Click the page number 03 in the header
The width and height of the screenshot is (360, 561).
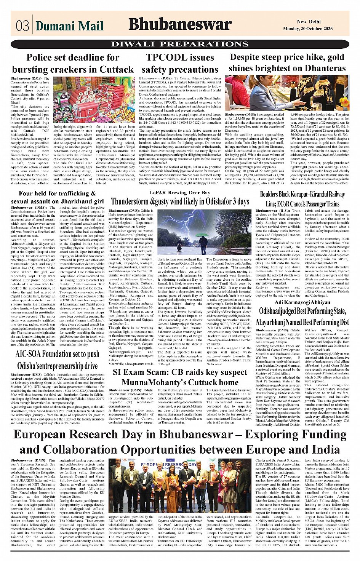click(x=22, y=26)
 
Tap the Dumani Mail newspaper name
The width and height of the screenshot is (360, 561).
click(x=69, y=26)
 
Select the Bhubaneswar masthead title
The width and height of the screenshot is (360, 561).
click(x=180, y=24)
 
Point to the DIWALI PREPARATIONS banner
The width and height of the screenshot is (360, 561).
click(x=180, y=44)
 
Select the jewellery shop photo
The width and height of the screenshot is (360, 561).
click(x=287, y=93)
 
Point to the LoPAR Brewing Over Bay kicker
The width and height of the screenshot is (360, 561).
click(x=180, y=193)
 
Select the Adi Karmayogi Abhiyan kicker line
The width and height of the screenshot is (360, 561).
click(x=302, y=302)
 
